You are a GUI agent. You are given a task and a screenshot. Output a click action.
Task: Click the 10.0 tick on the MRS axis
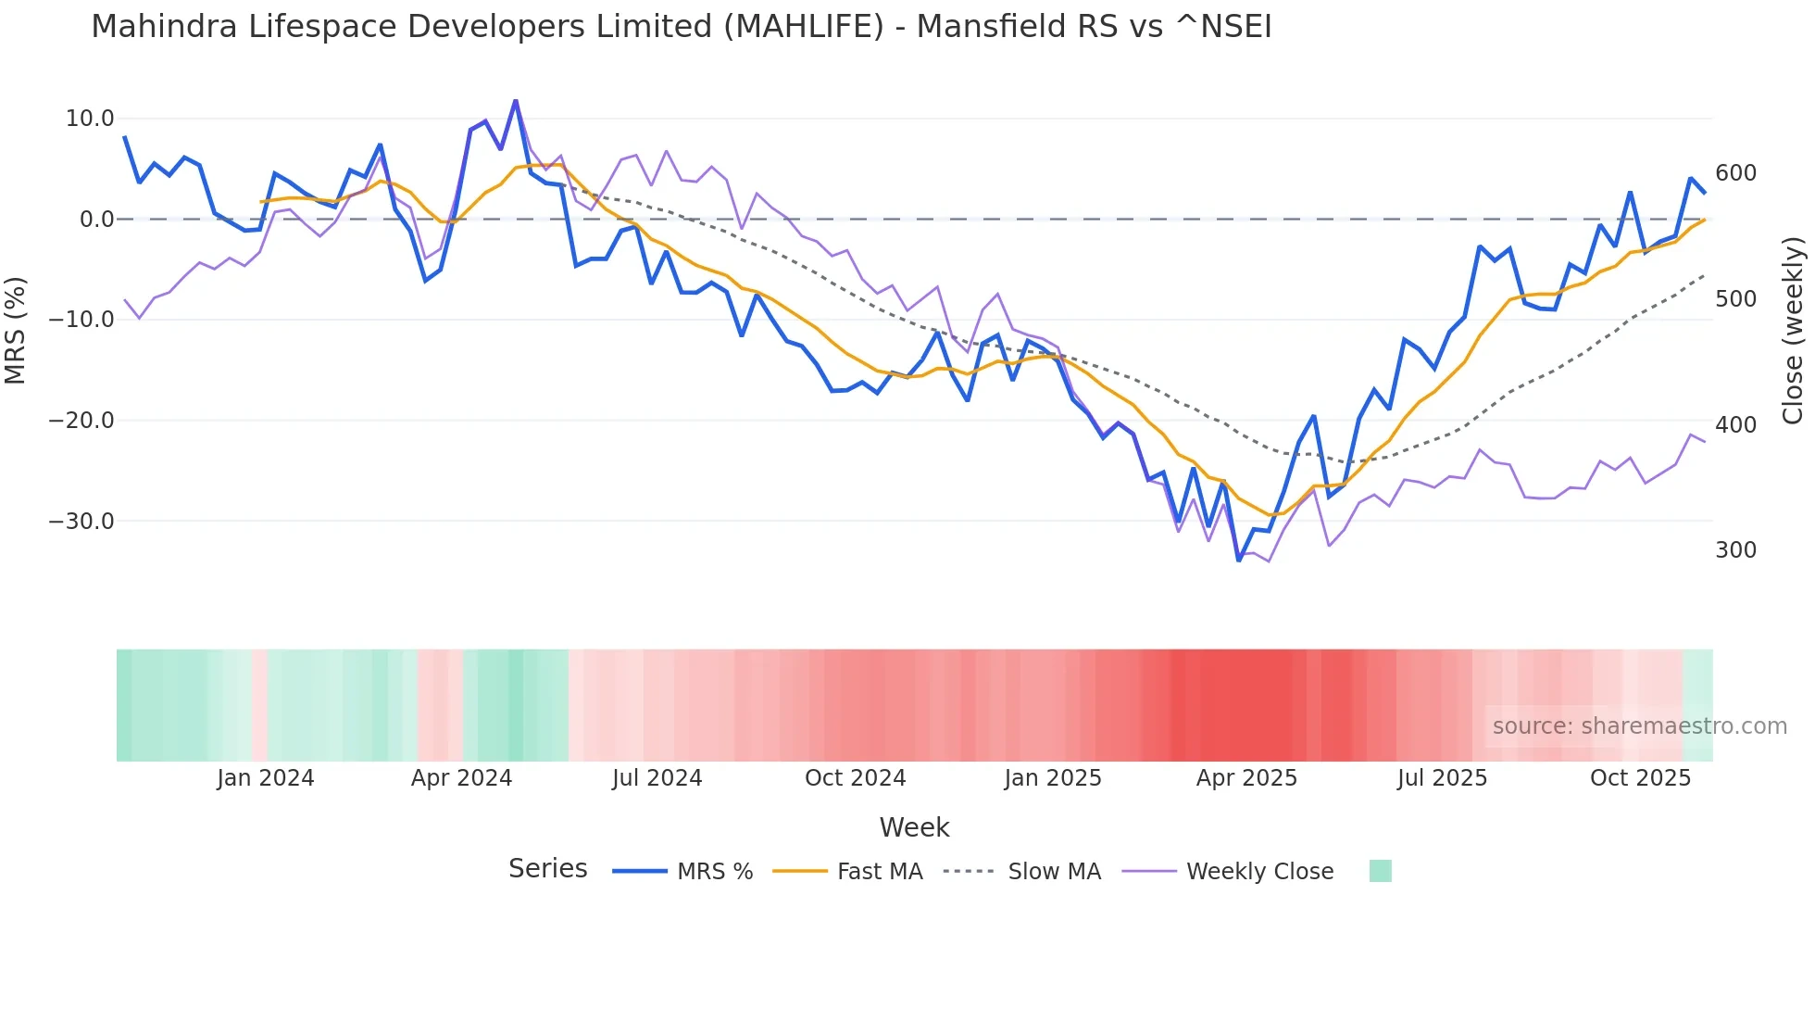pyautogui.click(x=89, y=119)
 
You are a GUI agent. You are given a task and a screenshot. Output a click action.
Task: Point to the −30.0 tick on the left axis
pyautogui.click(x=81, y=521)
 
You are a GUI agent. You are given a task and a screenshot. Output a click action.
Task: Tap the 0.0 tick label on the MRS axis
pyautogui.click(x=96, y=220)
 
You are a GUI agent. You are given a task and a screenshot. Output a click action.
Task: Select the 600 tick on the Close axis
pyautogui.click(x=1735, y=173)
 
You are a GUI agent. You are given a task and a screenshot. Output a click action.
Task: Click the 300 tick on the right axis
pyautogui.click(x=1735, y=550)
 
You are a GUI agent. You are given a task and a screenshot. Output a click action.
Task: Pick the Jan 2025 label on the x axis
pyautogui.click(x=1053, y=778)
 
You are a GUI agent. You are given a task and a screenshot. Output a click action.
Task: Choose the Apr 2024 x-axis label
pyautogui.click(x=461, y=778)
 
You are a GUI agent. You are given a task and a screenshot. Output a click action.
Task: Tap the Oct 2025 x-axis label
pyautogui.click(x=1640, y=778)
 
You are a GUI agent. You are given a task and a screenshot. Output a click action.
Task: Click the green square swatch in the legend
pyautogui.click(x=1380, y=871)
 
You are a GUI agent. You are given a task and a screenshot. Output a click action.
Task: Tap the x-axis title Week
pyautogui.click(x=914, y=827)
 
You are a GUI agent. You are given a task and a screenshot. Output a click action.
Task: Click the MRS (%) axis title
pyautogui.click(x=16, y=330)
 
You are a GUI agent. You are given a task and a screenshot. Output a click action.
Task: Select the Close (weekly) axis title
pyautogui.click(x=1793, y=330)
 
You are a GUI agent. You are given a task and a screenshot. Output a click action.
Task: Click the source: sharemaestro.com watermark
pyautogui.click(x=1639, y=726)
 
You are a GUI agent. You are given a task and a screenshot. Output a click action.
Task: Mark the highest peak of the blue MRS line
pyautogui.click(x=516, y=101)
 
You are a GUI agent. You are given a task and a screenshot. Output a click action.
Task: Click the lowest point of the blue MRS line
pyautogui.click(x=1239, y=560)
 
